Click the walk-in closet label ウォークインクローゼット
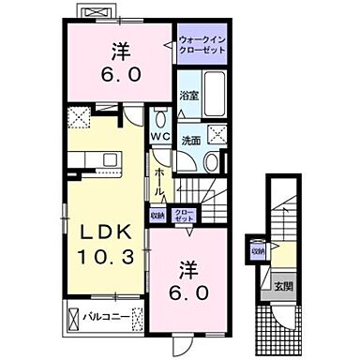[202, 44]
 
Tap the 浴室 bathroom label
[188, 96]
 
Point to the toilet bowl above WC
[160, 119]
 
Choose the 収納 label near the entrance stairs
[257, 252]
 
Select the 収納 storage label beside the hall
[157, 214]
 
